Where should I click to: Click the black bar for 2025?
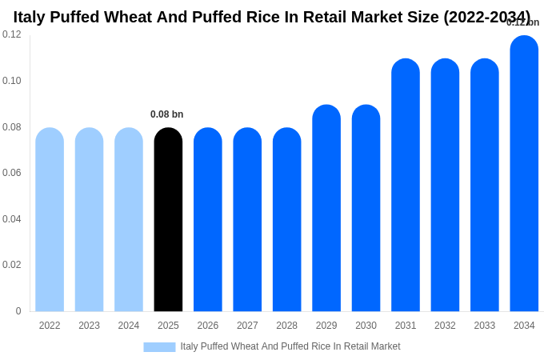click(168, 220)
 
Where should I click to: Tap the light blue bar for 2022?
click(50, 220)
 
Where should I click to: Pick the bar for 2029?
click(326, 208)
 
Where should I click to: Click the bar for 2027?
click(247, 220)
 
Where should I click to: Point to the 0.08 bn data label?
click(167, 114)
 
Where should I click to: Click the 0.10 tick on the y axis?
click(12, 81)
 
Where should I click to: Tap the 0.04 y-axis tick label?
click(12, 219)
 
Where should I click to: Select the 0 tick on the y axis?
click(18, 311)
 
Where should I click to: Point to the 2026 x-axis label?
click(208, 326)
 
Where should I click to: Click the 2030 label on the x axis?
click(366, 326)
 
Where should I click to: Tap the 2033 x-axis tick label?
click(485, 326)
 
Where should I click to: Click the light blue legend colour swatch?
click(159, 347)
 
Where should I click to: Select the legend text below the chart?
click(290, 346)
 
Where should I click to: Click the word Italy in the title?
click(30, 17)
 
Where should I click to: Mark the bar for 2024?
click(129, 220)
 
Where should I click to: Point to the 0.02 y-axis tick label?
click(12, 265)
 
